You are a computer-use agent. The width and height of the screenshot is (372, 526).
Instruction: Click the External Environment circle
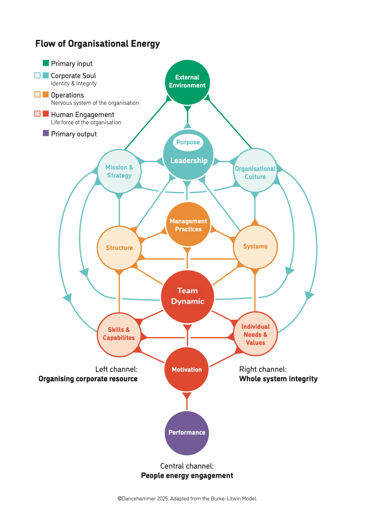click(x=187, y=82)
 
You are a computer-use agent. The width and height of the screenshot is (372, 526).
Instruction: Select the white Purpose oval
click(x=188, y=142)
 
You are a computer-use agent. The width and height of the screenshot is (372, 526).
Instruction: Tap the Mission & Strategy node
click(x=119, y=171)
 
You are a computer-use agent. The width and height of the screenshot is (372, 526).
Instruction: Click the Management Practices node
click(x=188, y=225)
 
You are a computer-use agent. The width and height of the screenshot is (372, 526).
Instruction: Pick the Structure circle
click(x=119, y=248)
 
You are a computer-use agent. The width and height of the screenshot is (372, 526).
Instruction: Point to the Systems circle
click(x=255, y=247)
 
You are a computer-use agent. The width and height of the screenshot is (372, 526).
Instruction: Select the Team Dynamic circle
click(x=187, y=296)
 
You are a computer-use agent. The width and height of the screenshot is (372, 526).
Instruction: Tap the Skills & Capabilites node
click(x=119, y=334)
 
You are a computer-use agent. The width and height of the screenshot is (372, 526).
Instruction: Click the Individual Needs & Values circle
click(x=255, y=334)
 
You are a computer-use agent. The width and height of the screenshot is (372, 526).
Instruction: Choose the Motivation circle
click(x=187, y=369)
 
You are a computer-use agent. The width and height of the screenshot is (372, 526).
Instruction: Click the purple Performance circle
click(x=187, y=433)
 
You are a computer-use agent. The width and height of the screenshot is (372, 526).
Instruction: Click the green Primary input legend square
click(x=46, y=63)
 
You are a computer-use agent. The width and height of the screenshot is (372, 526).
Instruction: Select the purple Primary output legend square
click(x=46, y=133)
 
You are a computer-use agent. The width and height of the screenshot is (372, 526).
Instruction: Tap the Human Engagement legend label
click(x=83, y=115)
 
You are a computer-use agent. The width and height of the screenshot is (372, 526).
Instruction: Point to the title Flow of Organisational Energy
click(x=98, y=44)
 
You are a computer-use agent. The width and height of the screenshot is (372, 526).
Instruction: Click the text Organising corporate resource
click(x=88, y=379)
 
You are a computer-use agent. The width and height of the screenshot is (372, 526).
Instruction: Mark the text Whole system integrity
click(x=278, y=379)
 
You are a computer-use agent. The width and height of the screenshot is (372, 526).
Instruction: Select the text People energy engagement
click(x=187, y=476)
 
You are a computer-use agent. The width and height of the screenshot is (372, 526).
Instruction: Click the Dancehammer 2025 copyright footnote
click(x=187, y=499)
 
